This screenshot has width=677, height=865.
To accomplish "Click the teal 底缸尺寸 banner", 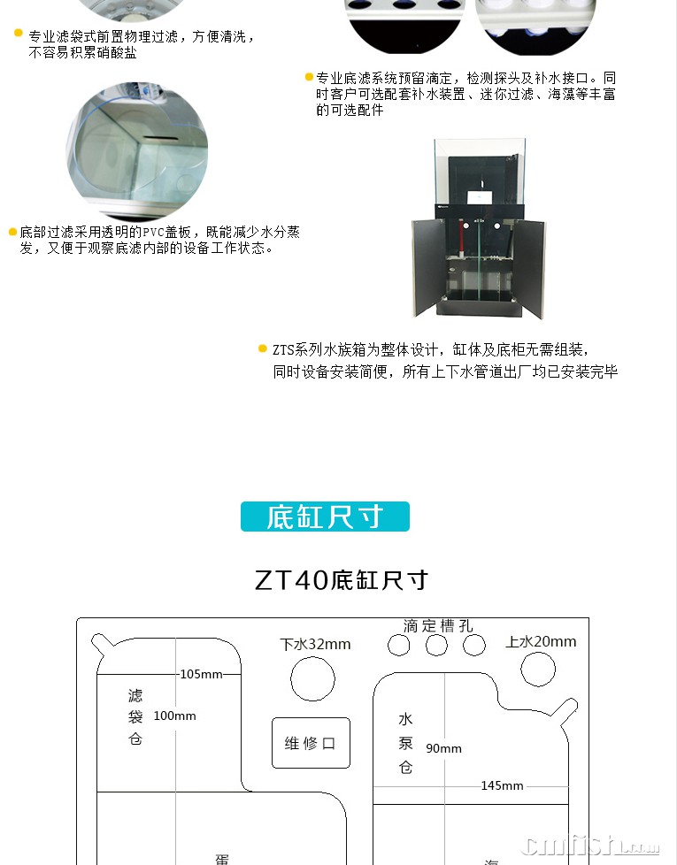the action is [x=325, y=517].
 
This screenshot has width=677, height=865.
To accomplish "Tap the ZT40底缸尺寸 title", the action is [x=342, y=580].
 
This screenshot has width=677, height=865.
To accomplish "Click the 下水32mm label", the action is [x=315, y=644].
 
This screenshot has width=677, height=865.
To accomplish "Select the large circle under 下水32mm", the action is [x=312, y=679].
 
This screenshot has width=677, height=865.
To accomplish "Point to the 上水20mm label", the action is [x=541, y=641].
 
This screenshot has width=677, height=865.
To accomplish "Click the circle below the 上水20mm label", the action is [x=538, y=670].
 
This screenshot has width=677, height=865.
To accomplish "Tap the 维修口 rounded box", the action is [x=312, y=743].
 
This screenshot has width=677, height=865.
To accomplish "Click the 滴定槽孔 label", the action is [x=437, y=625].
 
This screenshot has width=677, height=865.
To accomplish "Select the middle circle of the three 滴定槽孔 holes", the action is [x=436, y=645].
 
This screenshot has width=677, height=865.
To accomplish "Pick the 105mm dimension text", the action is [x=201, y=674].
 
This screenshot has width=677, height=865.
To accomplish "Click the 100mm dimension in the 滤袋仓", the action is [x=175, y=716].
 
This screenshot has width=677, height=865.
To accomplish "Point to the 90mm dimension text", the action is [x=443, y=748].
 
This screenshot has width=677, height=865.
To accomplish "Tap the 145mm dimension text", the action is [x=502, y=785].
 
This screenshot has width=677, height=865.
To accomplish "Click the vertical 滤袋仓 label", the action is [x=135, y=717].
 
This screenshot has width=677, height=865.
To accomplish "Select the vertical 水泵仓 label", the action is [x=405, y=743].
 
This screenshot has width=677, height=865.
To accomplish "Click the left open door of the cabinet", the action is [x=428, y=268].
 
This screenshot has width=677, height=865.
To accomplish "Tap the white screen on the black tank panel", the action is [x=480, y=198].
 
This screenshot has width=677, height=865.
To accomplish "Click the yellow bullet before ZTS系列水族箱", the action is [x=263, y=348].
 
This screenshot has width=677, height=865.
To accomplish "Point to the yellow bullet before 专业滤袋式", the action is [x=19, y=33].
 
